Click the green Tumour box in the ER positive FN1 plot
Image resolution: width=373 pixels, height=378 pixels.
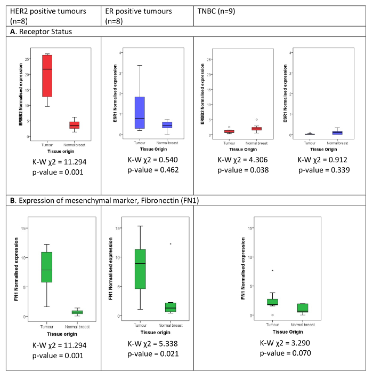140,269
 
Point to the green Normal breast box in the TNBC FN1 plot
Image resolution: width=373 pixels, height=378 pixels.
303,308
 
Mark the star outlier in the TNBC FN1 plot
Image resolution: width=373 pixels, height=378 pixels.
272,271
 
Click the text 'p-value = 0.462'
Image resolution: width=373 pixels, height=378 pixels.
147,170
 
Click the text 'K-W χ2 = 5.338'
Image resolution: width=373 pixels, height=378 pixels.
147,343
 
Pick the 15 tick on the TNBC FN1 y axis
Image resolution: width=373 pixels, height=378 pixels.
252,229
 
